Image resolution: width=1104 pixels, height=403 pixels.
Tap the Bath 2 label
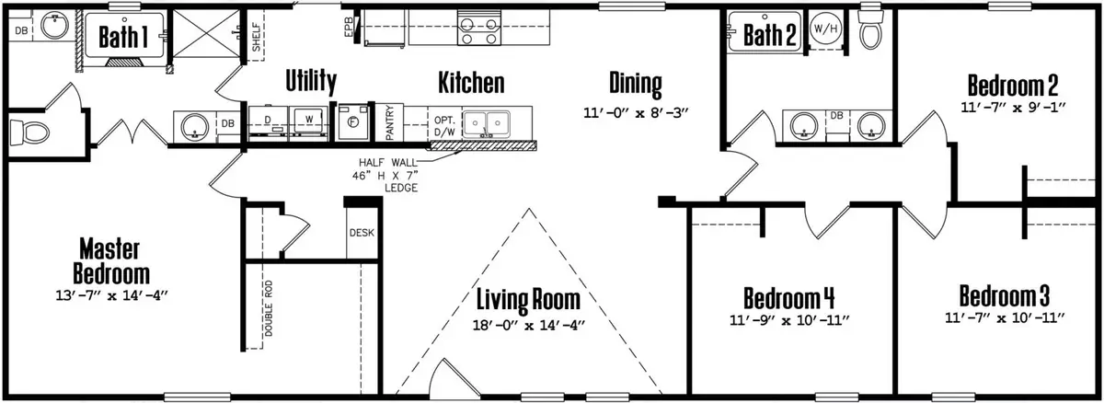pos(769,35)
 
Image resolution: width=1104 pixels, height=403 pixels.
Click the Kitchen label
pos(470,84)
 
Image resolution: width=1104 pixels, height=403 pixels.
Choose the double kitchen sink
pos(488,123)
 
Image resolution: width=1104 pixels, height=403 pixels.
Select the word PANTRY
pos(390,122)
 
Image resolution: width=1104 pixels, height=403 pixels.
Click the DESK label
pos(362,232)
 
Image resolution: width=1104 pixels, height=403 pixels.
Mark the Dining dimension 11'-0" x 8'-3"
pos(636,113)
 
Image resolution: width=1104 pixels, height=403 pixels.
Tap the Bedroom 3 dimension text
pos(1004,318)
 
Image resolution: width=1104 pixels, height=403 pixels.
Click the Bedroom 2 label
pos(1012,86)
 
